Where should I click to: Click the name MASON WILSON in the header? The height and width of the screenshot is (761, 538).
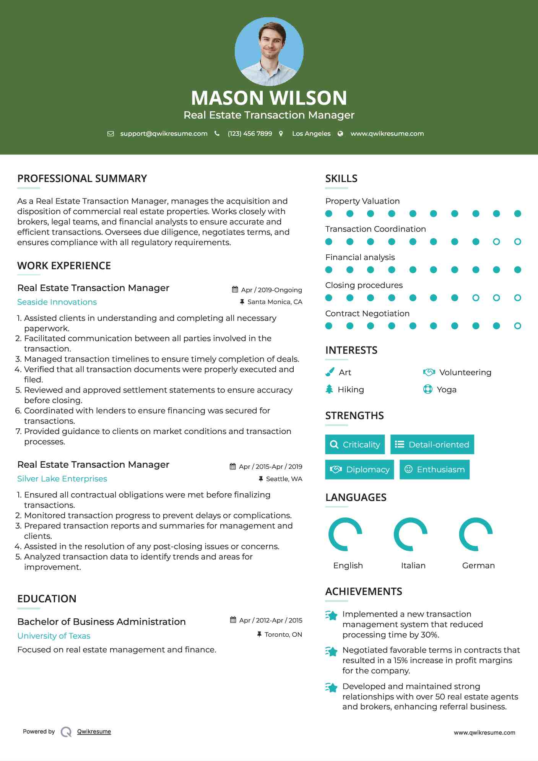point(269,98)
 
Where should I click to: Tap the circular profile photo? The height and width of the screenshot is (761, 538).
point(269,51)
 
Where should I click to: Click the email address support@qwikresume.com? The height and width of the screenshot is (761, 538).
point(164,133)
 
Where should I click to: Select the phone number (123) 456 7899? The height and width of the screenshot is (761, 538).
point(250,133)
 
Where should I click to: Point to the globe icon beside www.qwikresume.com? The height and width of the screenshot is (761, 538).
point(340,133)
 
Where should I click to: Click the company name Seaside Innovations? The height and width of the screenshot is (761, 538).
point(57,302)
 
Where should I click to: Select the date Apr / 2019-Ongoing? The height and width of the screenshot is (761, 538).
point(271,290)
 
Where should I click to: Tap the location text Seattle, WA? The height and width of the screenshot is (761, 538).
point(284,479)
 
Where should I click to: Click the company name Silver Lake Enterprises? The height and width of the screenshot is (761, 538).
point(62,479)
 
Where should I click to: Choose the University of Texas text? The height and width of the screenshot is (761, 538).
point(54,636)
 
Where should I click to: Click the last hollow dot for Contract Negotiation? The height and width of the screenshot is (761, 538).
point(517,326)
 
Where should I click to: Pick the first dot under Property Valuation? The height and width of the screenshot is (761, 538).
point(328,213)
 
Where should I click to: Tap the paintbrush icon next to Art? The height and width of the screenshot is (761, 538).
point(330,372)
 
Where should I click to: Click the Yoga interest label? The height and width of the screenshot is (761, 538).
point(447,389)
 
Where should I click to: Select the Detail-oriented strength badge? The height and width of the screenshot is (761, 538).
point(432,444)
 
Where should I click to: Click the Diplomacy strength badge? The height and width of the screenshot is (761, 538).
point(359,469)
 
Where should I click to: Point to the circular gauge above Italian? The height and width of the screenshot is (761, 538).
point(411,534)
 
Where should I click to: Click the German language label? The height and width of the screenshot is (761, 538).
point(478,565)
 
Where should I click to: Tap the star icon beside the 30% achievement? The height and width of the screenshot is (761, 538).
point(332,615)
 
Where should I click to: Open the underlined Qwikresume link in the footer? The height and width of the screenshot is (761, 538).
point(94,732)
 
